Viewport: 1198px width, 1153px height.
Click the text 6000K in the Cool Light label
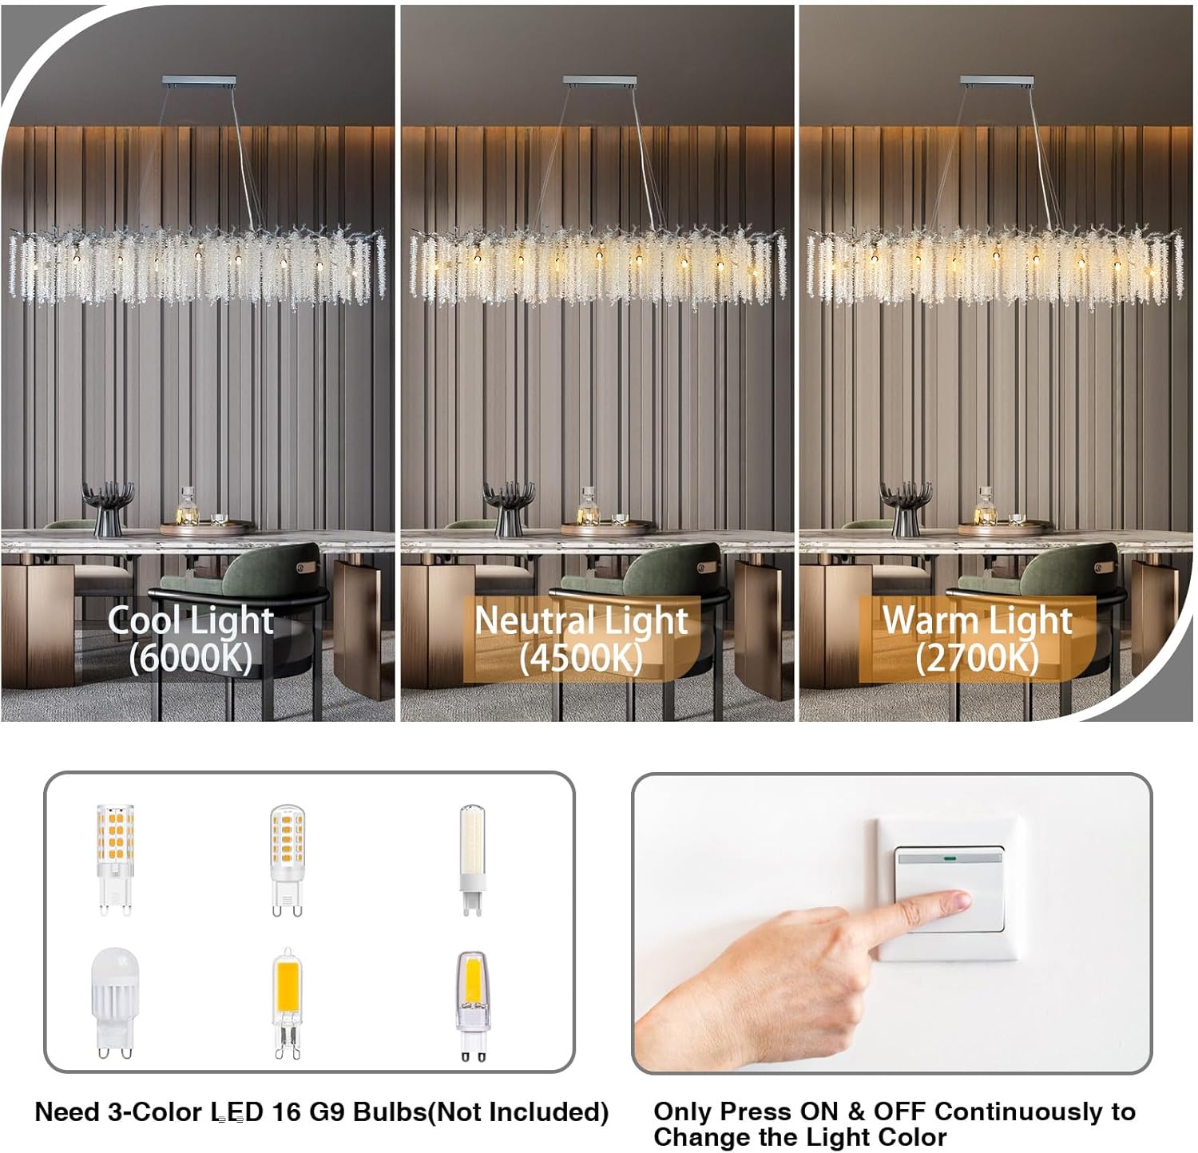tap(191, 658)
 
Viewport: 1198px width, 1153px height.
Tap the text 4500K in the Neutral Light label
tap(581, 658)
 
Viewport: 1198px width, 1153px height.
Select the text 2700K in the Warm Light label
tap(978, 658)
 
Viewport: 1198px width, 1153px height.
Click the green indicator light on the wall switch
tap(950, 860)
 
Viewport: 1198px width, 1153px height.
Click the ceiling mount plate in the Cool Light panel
tap(199, 81)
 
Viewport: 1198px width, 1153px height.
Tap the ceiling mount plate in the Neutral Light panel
tap(600, 81)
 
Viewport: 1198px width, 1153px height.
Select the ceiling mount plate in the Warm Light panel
tap(997, 81)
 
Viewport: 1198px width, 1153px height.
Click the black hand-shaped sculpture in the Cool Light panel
tap(108, 509)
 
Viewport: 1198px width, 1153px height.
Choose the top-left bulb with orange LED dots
tap(115, 859)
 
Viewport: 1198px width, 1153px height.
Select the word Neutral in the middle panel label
tap(526, 620)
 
